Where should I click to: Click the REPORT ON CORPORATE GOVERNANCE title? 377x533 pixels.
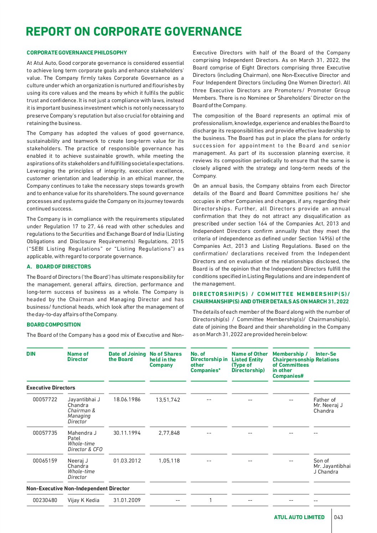(x=134, y=32)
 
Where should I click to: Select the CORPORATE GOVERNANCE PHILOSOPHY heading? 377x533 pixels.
(x=77, y=53)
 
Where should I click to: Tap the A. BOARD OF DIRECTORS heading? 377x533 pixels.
(x=59, y=267)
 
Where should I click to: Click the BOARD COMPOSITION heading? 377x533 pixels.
(x=53, y=325)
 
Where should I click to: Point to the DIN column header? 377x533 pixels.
(x=31, y=354)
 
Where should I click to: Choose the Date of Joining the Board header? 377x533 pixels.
(x=127, y=356)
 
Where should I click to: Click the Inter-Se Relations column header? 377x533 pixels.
(x=327, y=357)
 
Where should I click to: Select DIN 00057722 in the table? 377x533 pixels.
(x=45, y=399)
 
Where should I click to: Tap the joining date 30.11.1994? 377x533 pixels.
(x=127, y=433)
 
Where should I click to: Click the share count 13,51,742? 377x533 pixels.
(x=168, y=400)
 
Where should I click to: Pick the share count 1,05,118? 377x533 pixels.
(x=169, y=461)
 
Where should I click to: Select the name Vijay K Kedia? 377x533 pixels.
(x=83, y=500)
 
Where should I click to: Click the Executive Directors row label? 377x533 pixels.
(x=51, y=388)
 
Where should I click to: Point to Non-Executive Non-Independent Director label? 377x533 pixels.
(x=78, y=488)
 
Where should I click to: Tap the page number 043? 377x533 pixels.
(x=339, y=517)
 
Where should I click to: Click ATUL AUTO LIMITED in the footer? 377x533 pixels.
(x=299, y=517)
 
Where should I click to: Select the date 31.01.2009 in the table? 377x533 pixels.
(x=127, y=500)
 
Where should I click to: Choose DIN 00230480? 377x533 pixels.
(x=45, y=500)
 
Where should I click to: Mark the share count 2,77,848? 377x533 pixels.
(x=169, y=433)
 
